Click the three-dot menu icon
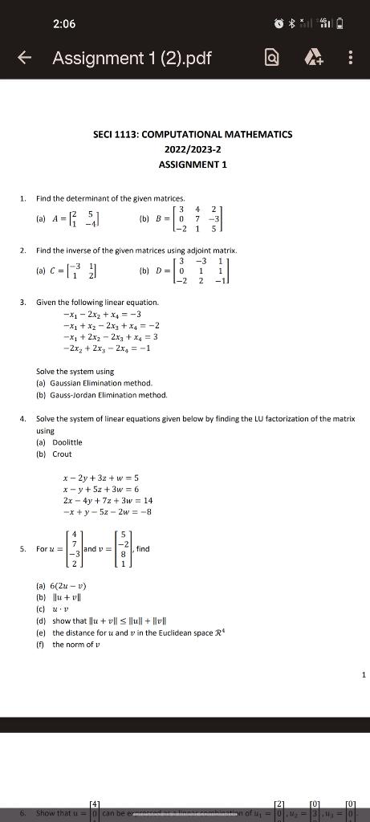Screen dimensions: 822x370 tap(350, 58)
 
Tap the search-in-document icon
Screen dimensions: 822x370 tap(272, 58)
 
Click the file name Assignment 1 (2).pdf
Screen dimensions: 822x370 tap(132, 58)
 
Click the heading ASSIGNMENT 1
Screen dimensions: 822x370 tap(193, 164)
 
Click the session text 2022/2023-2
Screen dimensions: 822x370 tap(193, 149)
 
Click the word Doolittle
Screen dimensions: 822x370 tap(67, 442)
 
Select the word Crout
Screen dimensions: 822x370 tap(62, 454)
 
